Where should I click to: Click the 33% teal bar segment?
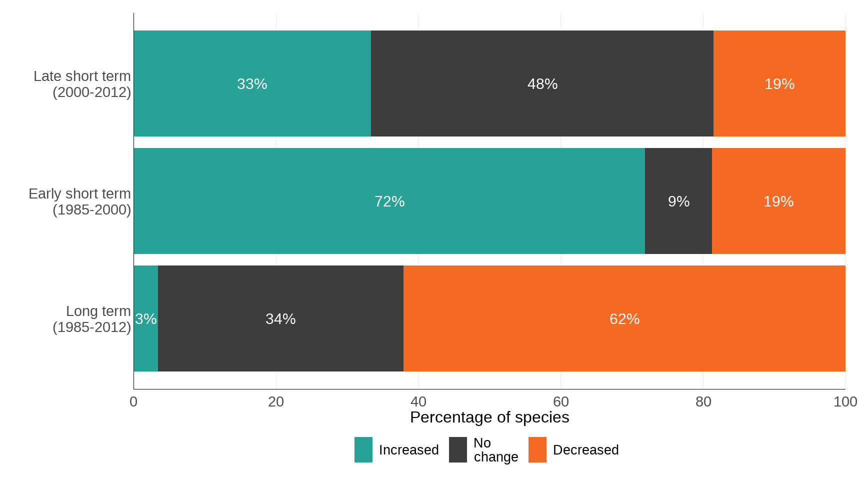click(x=252, y=83)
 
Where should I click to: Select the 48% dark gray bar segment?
click(x=542, y=83)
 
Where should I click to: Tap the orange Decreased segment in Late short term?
click(x=779, y=83)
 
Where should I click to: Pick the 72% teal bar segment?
click(x=389, y=201)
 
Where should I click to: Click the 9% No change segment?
click(x=678, y=201)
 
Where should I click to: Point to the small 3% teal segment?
click(x=145, y=318)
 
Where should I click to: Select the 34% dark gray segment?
click(x=280, y=318)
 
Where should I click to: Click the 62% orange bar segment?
click(x=624, y=318)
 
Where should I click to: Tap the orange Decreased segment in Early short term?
click(x=778, y=201)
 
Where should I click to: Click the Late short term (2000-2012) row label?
click(x=82, y=84)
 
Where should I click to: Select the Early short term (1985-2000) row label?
click(x=80, y=201)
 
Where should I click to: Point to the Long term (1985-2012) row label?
click(x=92, y=319)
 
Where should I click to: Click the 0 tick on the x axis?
click(x=133, y=401)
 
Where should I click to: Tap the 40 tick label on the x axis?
click(x=418, y=401)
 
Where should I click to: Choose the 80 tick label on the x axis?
click(x=703, y=401)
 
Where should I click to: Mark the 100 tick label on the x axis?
click(x=845, y=401)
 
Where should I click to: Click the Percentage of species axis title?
click(x=489, y=417)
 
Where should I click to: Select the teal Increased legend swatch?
click(x=363, y=449)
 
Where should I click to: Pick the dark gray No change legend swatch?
click(x=457, y=449)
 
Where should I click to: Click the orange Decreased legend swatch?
click(x=537, y=449)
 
